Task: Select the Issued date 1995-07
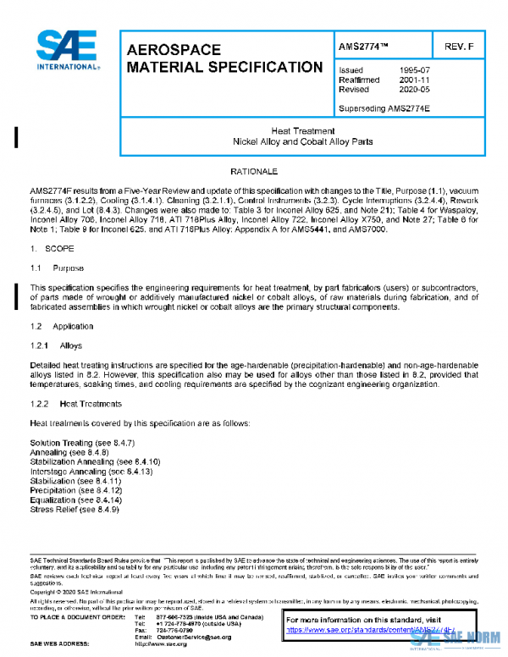tap(414, 70)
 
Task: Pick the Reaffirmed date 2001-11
tap(414, 80)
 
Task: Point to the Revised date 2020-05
tap(414, 89)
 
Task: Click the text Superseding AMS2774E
tap(384, 108)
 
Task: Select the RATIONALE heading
tap(254, 171)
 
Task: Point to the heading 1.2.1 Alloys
tap(58, 345)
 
